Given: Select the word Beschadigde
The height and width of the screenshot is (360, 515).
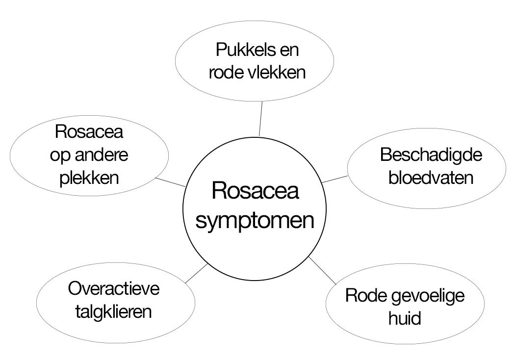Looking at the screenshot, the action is pos(431,155).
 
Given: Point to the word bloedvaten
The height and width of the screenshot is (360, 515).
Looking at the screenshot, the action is pos(431,178).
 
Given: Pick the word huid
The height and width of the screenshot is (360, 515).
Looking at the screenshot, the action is pos(405,318).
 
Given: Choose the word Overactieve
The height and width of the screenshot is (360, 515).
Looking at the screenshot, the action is pos(114,288).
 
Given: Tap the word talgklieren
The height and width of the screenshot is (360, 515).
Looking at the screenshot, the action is pos(114,311).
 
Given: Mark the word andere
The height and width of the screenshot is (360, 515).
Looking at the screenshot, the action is pos(102,154).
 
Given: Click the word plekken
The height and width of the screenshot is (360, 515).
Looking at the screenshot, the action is pos(89,178).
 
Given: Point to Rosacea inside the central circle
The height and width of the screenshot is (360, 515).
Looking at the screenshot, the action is pos(255,190).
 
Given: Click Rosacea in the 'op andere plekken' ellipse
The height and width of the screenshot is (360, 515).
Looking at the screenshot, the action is pos(89,132).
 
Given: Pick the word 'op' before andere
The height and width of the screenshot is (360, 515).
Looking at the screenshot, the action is pos(60,156).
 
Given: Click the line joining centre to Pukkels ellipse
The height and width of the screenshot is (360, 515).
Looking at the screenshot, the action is pos(261,119).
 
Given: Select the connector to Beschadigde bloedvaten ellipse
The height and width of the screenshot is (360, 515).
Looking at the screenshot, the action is pos(335,179).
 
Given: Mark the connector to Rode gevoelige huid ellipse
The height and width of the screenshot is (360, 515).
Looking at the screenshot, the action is pos(323,271).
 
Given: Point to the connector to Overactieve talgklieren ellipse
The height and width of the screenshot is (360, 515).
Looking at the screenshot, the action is pos(196,273).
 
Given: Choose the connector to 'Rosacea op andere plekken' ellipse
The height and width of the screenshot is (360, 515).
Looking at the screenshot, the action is pos(170,182).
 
